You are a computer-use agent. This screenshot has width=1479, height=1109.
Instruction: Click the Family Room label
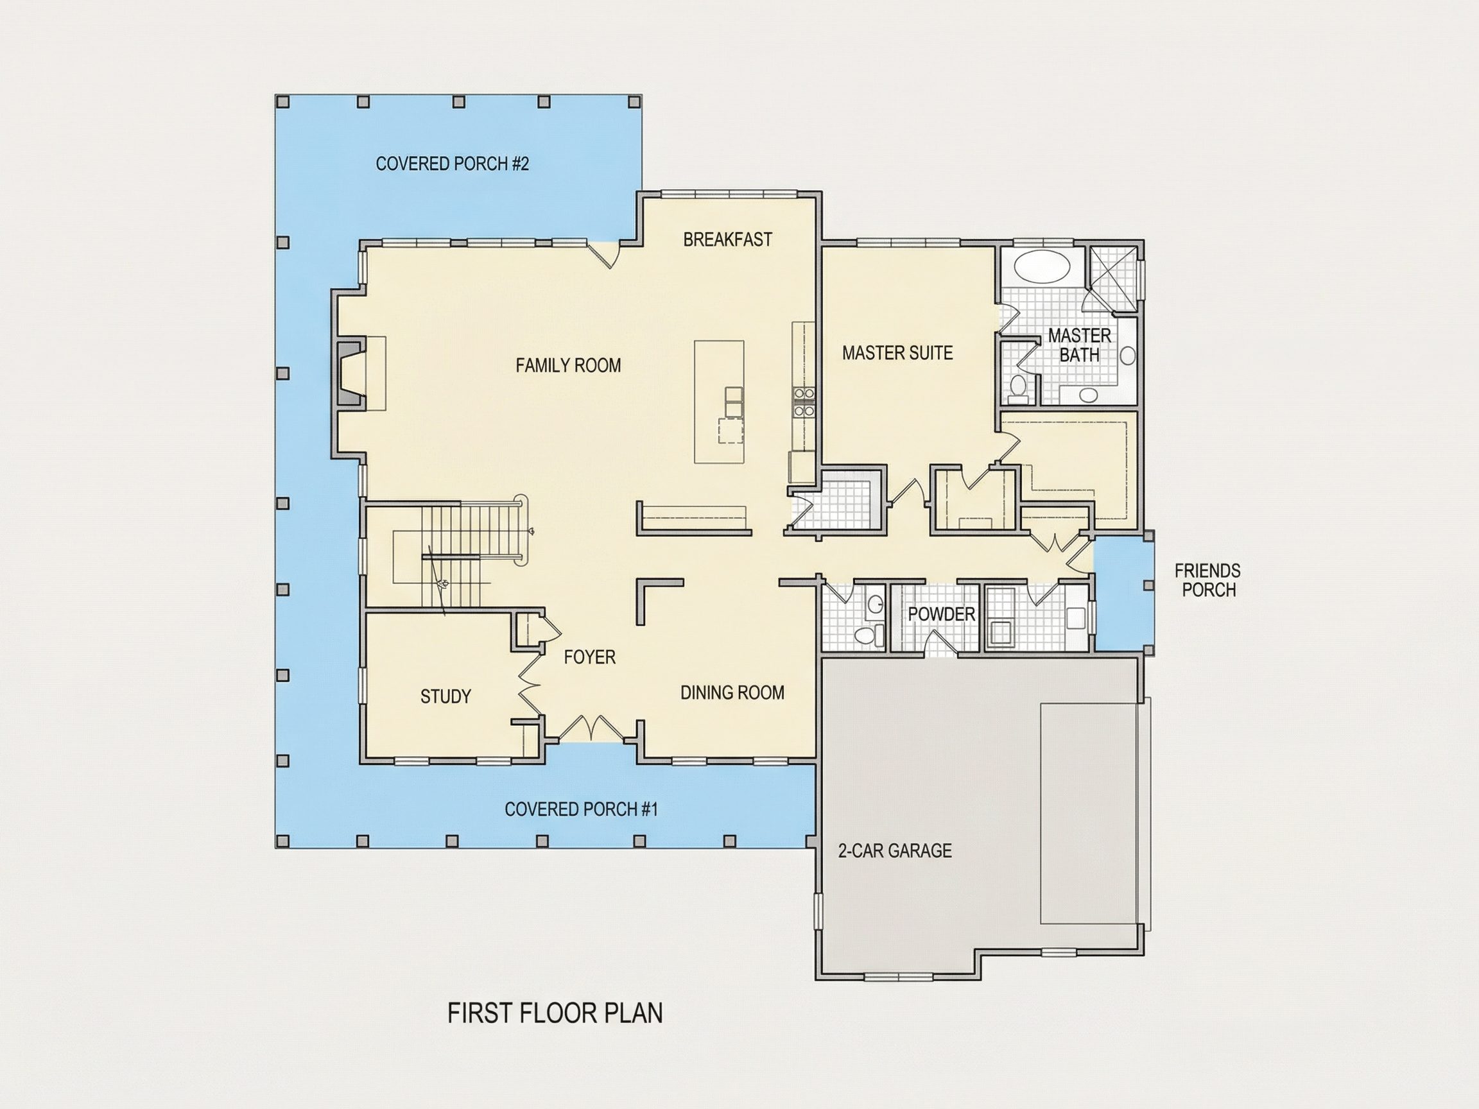568,365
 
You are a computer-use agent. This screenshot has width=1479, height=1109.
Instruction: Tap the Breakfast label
727,239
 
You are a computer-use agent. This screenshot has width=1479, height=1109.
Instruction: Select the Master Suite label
897,353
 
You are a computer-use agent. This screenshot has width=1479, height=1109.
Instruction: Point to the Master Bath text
1079,345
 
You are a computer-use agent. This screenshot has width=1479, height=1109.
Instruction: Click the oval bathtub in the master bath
1042,266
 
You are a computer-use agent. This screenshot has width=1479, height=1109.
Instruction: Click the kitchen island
719,402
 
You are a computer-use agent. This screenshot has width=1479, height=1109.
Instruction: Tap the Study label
445,696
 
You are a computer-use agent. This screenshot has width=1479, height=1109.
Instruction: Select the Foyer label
589,657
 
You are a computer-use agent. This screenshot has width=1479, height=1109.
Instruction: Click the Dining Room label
732,692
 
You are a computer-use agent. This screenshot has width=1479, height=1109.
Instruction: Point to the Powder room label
942,614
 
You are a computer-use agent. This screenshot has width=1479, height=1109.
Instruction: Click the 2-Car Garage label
895,851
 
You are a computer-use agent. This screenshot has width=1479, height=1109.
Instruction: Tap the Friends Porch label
1207,580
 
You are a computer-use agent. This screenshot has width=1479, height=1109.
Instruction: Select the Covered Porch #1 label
581,809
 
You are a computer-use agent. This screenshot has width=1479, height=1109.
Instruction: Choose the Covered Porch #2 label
452,164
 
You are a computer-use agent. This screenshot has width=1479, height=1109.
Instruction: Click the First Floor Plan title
555,1013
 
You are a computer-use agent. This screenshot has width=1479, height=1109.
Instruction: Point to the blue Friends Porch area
1123,593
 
